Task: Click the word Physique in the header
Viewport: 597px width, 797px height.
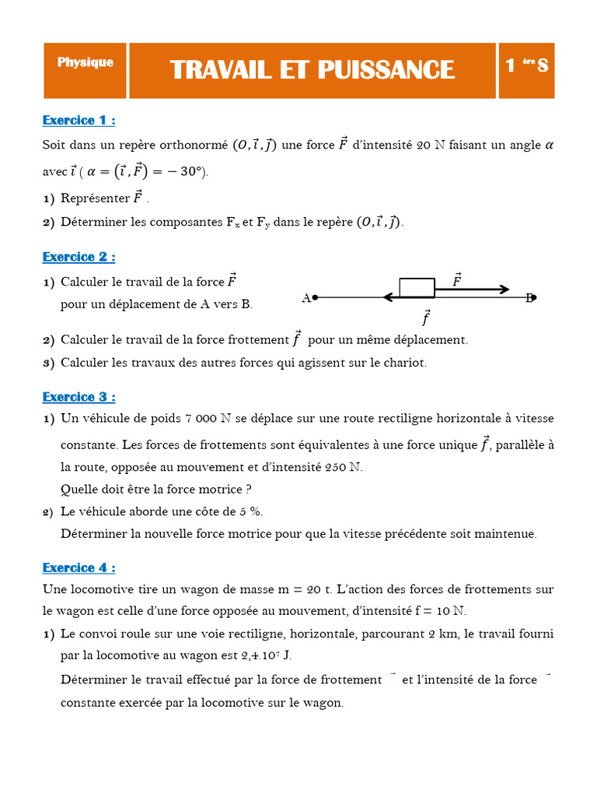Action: [x=85, y=63]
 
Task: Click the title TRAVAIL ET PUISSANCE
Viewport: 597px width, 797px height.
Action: [x=312, y=69]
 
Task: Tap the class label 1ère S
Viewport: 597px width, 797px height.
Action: [x=526, y=66]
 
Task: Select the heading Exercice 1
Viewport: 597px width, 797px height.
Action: [x=79, y=121]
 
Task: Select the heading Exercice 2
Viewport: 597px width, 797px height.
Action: [x=79, y=257]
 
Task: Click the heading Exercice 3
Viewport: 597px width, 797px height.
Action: [x=79, y=397]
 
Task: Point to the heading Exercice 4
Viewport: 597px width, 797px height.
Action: [x=79, y=567]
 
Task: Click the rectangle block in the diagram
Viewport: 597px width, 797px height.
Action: [x=417, y=287]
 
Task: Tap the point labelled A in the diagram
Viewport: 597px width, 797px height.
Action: [x=315, y=297]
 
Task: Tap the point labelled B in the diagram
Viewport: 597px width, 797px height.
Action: [x=534, y=297]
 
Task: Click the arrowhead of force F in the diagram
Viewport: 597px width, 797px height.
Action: [x=504, y=290]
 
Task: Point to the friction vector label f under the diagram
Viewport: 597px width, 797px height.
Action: [x=425, y=318]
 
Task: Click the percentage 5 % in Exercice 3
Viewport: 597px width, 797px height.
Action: [x=252, y=511]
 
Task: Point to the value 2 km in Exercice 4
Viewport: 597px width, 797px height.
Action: [x=443, y=634]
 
